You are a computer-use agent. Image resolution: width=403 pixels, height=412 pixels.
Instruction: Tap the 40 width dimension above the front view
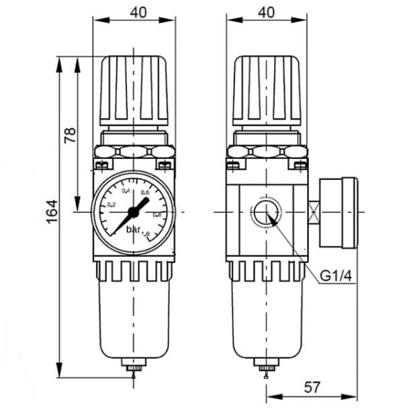click(136, 11)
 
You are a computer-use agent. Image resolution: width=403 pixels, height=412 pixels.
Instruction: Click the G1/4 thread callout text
click(334, 276)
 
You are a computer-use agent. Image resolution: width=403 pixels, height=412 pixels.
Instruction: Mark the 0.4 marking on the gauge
click(125, 192)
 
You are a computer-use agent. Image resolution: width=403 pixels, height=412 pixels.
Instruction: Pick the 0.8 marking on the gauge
click(157, 214)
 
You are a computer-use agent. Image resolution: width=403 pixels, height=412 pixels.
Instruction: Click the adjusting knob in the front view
click(135, 91)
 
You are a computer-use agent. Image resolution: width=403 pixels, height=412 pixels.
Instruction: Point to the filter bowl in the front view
click(135, 325)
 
